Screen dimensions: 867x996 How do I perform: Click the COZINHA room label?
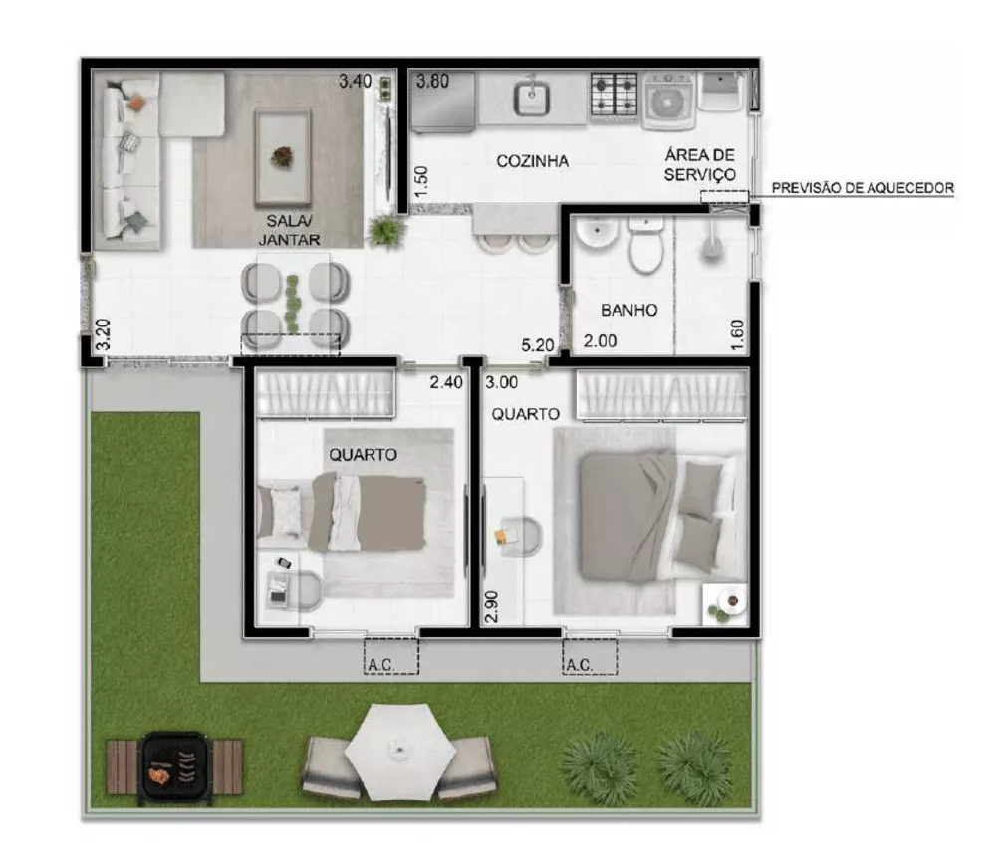point(532,161)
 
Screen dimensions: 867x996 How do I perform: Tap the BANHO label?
point(628,310)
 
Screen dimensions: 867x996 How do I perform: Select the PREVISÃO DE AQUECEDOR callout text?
point(864,187)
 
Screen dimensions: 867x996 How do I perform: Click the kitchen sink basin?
point(531,98)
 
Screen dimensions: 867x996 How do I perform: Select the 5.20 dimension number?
point(537,345)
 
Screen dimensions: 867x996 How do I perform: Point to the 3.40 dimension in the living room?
point(355,82)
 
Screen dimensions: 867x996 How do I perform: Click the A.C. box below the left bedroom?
point(389,656)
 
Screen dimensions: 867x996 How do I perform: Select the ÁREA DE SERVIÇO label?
point(701,164)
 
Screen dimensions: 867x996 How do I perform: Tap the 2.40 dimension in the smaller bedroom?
point(445,382)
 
